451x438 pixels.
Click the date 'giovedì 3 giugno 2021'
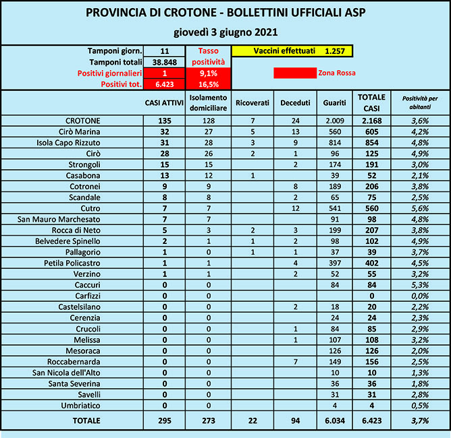(225, 32)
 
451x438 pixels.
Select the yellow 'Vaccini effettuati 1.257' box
(292, 51)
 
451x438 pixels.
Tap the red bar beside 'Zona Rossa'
(294, 73)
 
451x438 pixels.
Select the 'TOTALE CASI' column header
(371, 103)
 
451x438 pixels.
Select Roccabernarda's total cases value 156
(371, 361)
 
